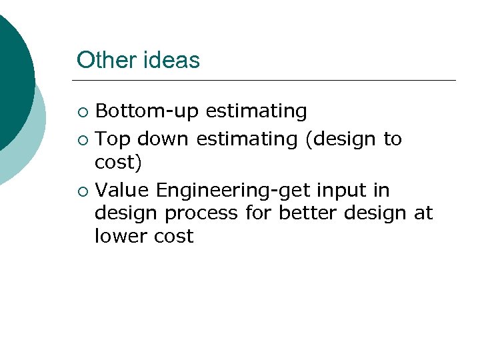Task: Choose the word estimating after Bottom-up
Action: (x=256, y=111)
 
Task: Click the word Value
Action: (x=122, y=191)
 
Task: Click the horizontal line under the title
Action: (x=267, y=81)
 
